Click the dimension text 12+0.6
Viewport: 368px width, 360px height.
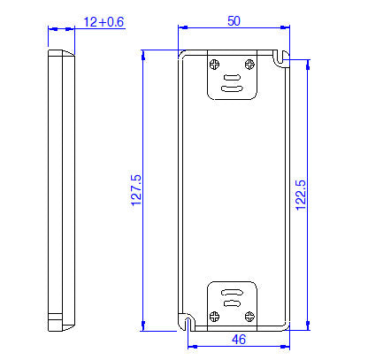pos(103,21)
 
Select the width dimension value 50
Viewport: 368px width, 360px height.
pos(234,21)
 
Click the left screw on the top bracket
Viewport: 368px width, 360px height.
pos(215,63)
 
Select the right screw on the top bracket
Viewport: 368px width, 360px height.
pos(250,63)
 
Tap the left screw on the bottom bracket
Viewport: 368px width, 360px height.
pos(215,315)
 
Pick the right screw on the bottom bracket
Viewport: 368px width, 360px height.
pos(250,315)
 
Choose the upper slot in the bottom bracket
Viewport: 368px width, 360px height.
pos(232,291)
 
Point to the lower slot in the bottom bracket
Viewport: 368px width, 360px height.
pos(232,303)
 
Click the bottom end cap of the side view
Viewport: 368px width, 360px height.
pos(61,322)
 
